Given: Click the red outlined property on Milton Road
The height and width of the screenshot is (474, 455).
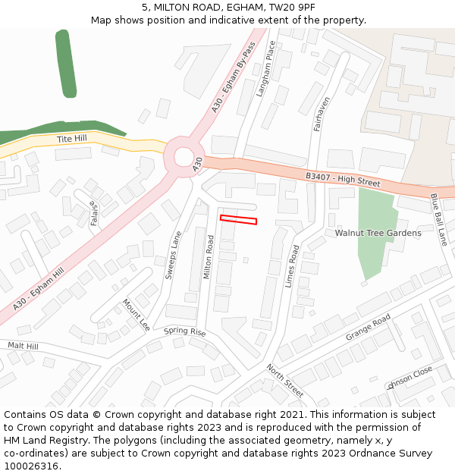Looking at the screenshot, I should (x=238, y=220).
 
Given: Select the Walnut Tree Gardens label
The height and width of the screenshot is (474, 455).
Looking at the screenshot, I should (x=378, y=233).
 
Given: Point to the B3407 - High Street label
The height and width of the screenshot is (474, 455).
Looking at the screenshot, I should (x=343, y=180).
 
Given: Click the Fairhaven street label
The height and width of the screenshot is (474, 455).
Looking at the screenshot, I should (x=322, y=114).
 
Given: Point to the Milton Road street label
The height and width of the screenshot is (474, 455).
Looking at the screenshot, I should (x=209, y=257).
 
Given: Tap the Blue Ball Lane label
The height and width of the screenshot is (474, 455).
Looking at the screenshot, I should (x=439, y=220).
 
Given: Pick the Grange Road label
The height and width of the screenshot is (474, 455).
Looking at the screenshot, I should (x=368, y=326).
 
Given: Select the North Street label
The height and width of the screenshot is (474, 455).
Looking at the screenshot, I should (x=284, y=380).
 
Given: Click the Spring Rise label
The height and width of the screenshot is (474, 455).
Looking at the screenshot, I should (x=184, y=332).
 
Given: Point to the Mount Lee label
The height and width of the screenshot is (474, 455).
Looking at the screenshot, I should (x=136, y=315).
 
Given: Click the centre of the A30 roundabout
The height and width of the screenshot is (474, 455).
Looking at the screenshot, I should (x=184, y=157).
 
